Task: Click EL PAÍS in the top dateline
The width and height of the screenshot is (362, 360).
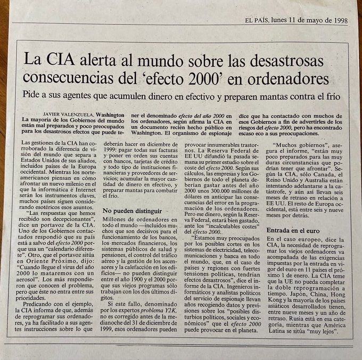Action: point(257,21)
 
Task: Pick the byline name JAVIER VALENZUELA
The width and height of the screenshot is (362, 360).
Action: point(68,114)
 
